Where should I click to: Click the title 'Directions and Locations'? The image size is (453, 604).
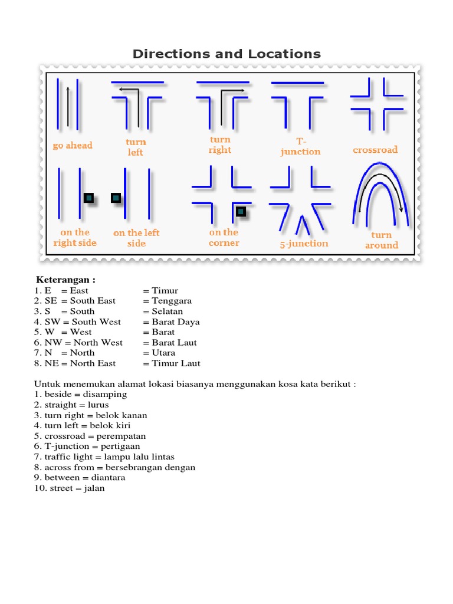[x=226, y=54]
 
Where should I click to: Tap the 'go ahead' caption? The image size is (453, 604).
[x=73, y=145]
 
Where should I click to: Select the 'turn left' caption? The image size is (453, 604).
[x=135, y=147]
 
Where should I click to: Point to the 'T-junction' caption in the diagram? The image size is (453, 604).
[x=300, y=146]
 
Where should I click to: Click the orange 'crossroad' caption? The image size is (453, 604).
[x=375, y=150]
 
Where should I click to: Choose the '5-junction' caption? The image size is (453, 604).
[x=304, y=243]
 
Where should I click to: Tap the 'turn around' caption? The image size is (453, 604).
[x=381, y=240]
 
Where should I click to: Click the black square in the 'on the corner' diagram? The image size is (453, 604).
[x=240, y=211]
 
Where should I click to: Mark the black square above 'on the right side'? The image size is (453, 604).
[x=88, y=198]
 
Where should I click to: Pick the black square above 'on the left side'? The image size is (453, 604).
[x=116, y=198]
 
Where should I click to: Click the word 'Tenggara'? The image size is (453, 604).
[x=172, y=301]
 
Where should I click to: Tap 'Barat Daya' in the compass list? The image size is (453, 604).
[x=176, y=321]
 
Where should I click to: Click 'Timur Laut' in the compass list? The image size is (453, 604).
[x=176, y=363]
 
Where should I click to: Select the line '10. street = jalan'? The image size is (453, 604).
[x=70, y=488]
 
